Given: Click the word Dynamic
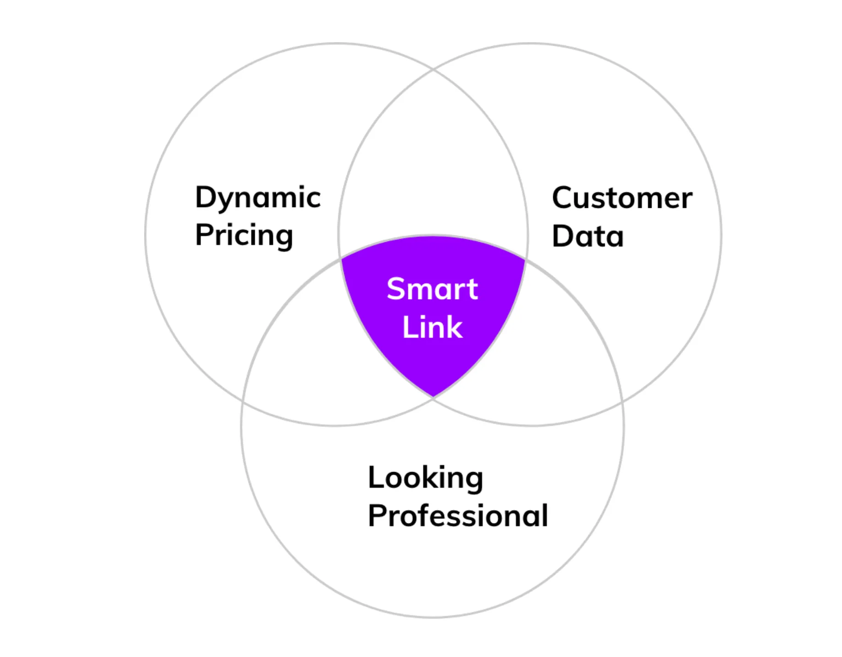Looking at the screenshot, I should (258, 198).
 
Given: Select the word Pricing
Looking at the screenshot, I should (244, 235).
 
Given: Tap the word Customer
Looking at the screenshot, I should (622, 198).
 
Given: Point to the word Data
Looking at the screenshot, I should (588, 236).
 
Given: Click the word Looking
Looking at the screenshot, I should (425, 478).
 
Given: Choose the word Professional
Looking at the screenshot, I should (458, 516).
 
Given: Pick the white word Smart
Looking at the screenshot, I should (432, 289).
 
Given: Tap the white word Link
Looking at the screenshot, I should (432, 327).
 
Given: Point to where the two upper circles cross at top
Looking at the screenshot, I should (434, 70).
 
